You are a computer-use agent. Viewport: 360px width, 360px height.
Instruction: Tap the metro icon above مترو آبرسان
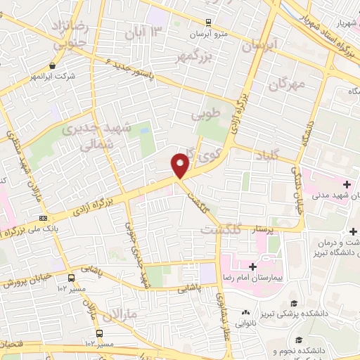[209, 22]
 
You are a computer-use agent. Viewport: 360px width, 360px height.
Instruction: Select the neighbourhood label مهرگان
[286, 85]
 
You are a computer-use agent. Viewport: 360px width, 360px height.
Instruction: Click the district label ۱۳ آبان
[143, 31]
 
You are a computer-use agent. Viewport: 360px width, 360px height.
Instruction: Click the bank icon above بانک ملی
[44, 218]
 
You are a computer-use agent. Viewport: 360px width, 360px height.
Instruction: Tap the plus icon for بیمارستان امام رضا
[252, 267]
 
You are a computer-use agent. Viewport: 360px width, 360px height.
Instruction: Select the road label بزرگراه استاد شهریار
[315, 32]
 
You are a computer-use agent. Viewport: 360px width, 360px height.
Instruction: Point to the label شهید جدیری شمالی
[92, 137]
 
